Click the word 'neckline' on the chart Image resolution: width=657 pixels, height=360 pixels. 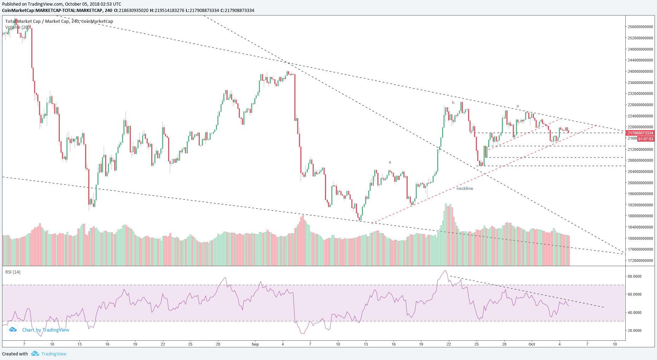465,188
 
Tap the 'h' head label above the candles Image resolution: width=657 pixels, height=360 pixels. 453,103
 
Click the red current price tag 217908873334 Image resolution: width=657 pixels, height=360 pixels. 640,133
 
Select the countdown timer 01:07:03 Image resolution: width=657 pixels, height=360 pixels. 645,139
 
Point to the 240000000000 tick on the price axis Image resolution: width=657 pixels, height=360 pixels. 640,71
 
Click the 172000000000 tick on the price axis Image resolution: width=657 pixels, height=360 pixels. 640,261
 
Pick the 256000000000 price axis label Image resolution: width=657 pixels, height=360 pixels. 640,27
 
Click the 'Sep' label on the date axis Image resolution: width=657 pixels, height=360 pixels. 255,344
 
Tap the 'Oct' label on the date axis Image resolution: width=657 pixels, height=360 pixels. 532,344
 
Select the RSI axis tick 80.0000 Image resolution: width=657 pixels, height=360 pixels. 634,276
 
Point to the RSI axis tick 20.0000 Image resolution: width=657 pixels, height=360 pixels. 634,330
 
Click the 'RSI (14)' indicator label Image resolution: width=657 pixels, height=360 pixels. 13,272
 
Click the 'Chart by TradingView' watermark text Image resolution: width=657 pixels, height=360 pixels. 45,330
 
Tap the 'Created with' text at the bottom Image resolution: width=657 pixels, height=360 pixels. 15,354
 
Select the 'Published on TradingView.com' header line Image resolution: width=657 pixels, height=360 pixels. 62,4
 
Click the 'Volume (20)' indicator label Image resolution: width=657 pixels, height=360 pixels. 17,27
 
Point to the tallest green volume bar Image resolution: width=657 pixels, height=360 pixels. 446,234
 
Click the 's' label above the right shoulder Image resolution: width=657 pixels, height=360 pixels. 517,106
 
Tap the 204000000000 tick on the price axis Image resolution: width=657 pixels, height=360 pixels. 640,172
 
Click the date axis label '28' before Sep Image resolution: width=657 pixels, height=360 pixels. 218,344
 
